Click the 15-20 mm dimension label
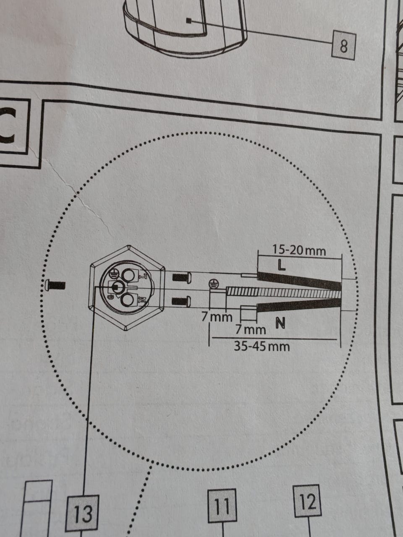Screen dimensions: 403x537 (x=299, y=250)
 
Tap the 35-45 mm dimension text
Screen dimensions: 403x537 (x=262, y=347)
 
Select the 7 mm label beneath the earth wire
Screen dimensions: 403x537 (x=217, y=317)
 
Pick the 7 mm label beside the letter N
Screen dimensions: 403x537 (x=251, y=329)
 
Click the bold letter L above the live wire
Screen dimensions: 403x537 (x=282, y=265)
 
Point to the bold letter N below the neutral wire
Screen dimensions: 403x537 (x=280, y=323)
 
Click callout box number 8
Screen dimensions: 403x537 (x=343, y=46)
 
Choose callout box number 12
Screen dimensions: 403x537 (x=308, y=501)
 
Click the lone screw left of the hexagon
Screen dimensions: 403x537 (x=55, y=285)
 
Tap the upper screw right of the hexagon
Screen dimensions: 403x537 (x=182, y=277)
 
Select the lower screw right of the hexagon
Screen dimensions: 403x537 (x=181, y=301)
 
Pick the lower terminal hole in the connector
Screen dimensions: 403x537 (x=128, y=300)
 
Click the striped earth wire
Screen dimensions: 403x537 (x=283, y=292)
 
